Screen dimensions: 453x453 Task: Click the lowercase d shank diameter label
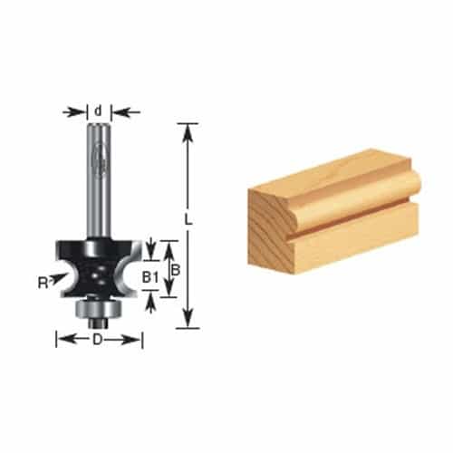[98, 111]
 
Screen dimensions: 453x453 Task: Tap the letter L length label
[188, 220]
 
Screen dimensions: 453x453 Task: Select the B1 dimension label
[150, 278]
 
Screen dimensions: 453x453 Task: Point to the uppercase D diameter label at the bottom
[98, 341]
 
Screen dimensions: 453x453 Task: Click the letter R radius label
[43, 284]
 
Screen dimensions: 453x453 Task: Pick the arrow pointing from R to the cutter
[58, 277]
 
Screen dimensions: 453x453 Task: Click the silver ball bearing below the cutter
[99, 309]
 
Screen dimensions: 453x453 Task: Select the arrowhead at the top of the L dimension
[188, 133]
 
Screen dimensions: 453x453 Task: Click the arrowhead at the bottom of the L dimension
[188, 319]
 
